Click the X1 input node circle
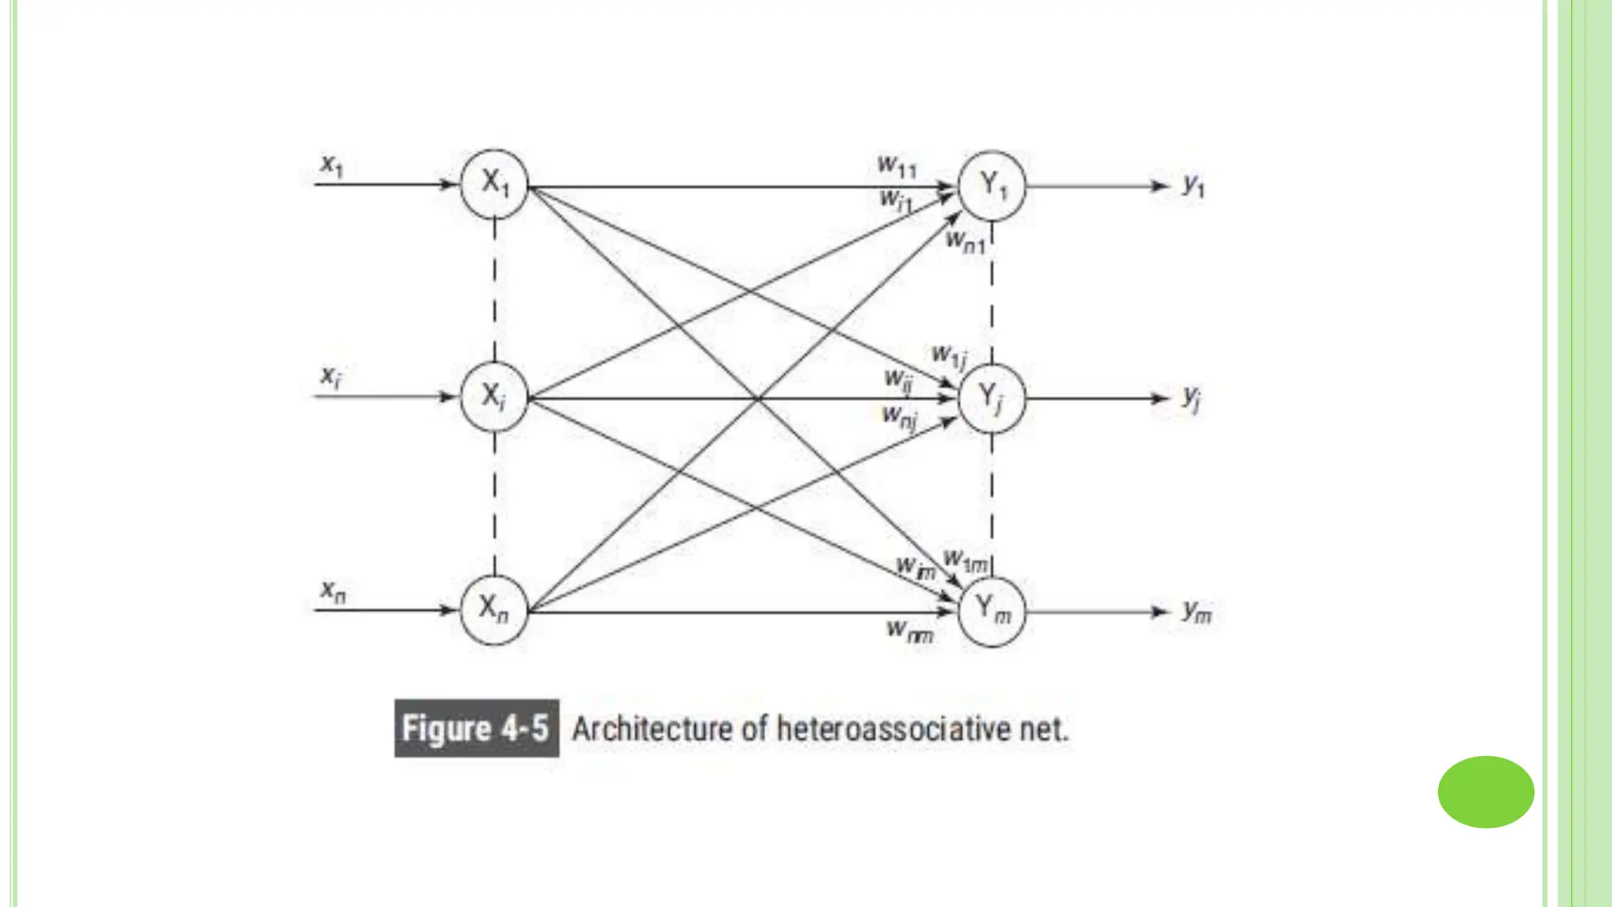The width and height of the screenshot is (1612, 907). (x=494, y=184)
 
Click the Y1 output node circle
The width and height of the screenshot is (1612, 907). (x=992, y=186)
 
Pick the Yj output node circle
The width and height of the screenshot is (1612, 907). (x=992, y=398)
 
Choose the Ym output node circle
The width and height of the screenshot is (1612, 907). (x=992, y=612)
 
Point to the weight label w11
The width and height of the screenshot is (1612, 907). (x=897, y=166)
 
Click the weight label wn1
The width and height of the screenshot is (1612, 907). (x=965, y=241)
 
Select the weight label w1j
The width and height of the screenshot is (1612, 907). (x=949, y=357)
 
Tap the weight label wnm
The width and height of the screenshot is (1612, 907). (x=910, y=631)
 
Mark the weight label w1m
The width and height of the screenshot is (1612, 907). (x=966, y=561)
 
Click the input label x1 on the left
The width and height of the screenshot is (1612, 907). (x=332, y=166)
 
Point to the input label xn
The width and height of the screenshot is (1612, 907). (x=333, y=590)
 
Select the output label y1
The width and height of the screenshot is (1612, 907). (x=1193, y=186)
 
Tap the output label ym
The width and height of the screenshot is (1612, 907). (x=1196, y=612)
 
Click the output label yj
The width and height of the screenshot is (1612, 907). (x=1192, y=398)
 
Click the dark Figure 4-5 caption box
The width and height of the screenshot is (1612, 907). (x=476, y=728)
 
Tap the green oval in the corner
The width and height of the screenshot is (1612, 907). (x=1485, y=792)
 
